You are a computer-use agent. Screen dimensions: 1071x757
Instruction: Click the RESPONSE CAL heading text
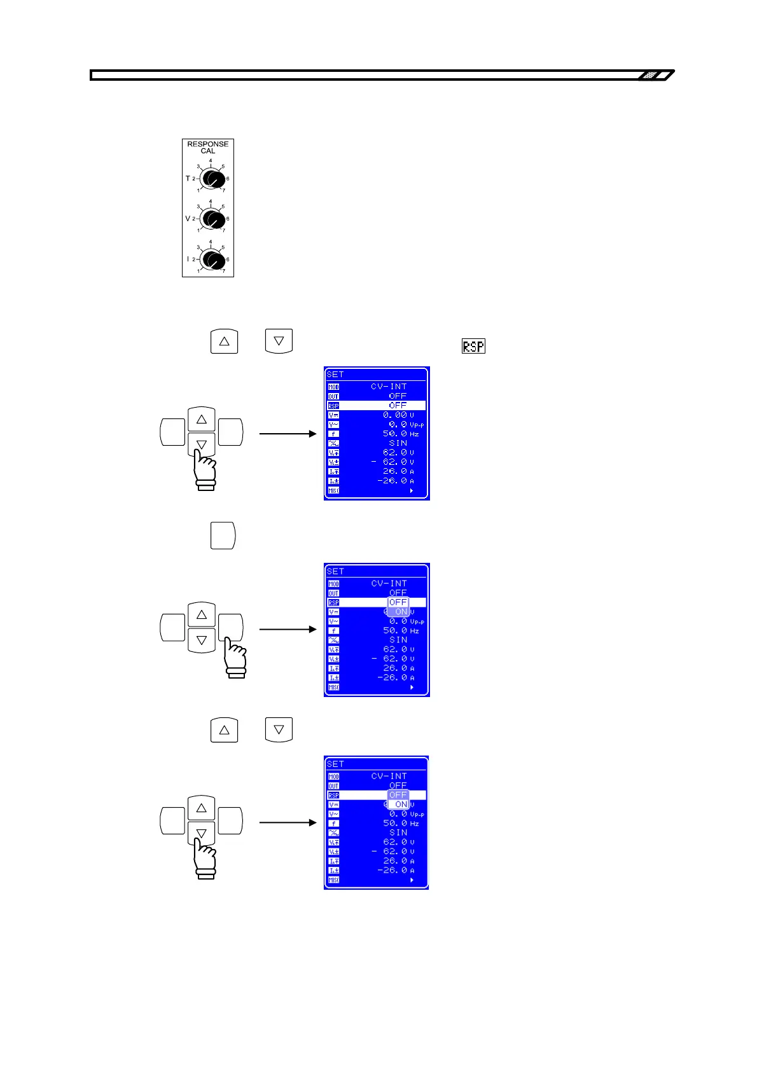[208, 148]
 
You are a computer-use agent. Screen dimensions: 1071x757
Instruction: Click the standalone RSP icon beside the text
[473, 346]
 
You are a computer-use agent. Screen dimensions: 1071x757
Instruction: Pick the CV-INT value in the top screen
[389, 386]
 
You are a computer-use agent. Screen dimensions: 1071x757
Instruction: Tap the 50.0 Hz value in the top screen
[400, 434]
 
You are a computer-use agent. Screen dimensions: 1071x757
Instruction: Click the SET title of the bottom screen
[335, 764]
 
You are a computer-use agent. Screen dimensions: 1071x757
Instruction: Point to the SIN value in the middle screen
[398, 640]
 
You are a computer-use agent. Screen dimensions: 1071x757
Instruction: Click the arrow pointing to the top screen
[288, 434]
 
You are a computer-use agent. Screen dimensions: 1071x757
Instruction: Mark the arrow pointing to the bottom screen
[288, 822]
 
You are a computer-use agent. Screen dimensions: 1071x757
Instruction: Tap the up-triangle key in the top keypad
[202, 420]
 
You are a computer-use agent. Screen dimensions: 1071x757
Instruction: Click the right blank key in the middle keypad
[230, 626]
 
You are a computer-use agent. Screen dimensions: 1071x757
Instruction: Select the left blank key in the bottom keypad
[172, 820]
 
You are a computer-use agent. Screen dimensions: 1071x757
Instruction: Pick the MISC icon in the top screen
[333, 490]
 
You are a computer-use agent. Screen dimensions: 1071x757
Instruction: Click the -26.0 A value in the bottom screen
[395, 870]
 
